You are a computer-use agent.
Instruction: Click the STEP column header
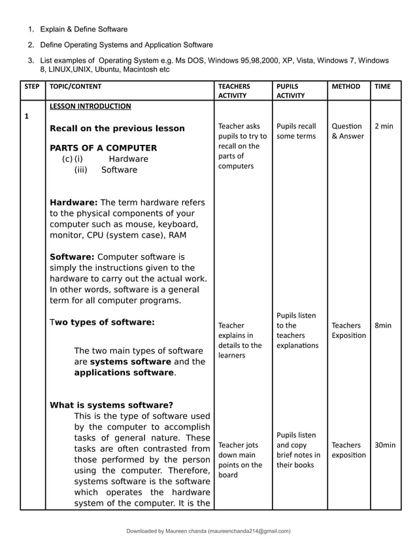(x=31, y=86)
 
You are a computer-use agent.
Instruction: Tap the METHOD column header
(x=346, y=86)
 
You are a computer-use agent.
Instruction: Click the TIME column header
(x=382, y=86)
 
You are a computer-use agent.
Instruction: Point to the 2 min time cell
(x=383, y=126)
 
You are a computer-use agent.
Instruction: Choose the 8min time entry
(x=382, y=325)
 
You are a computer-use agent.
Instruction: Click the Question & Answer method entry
(x=347, y=131)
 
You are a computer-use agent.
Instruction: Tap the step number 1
(x=26, y=117)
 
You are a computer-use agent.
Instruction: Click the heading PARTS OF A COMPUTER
(x=103, y=148)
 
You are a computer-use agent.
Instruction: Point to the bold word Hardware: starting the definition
(x=73, y=202)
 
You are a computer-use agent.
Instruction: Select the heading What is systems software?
(x=111, y=405)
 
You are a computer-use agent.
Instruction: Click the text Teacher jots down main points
(x=240, y=460)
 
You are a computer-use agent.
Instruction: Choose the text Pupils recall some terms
(x=296, y=131)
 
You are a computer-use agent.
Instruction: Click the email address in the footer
(x=249, y=531)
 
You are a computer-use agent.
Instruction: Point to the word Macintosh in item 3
(x=135, y=69)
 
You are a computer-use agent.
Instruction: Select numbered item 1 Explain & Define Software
(x=84, y=29)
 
